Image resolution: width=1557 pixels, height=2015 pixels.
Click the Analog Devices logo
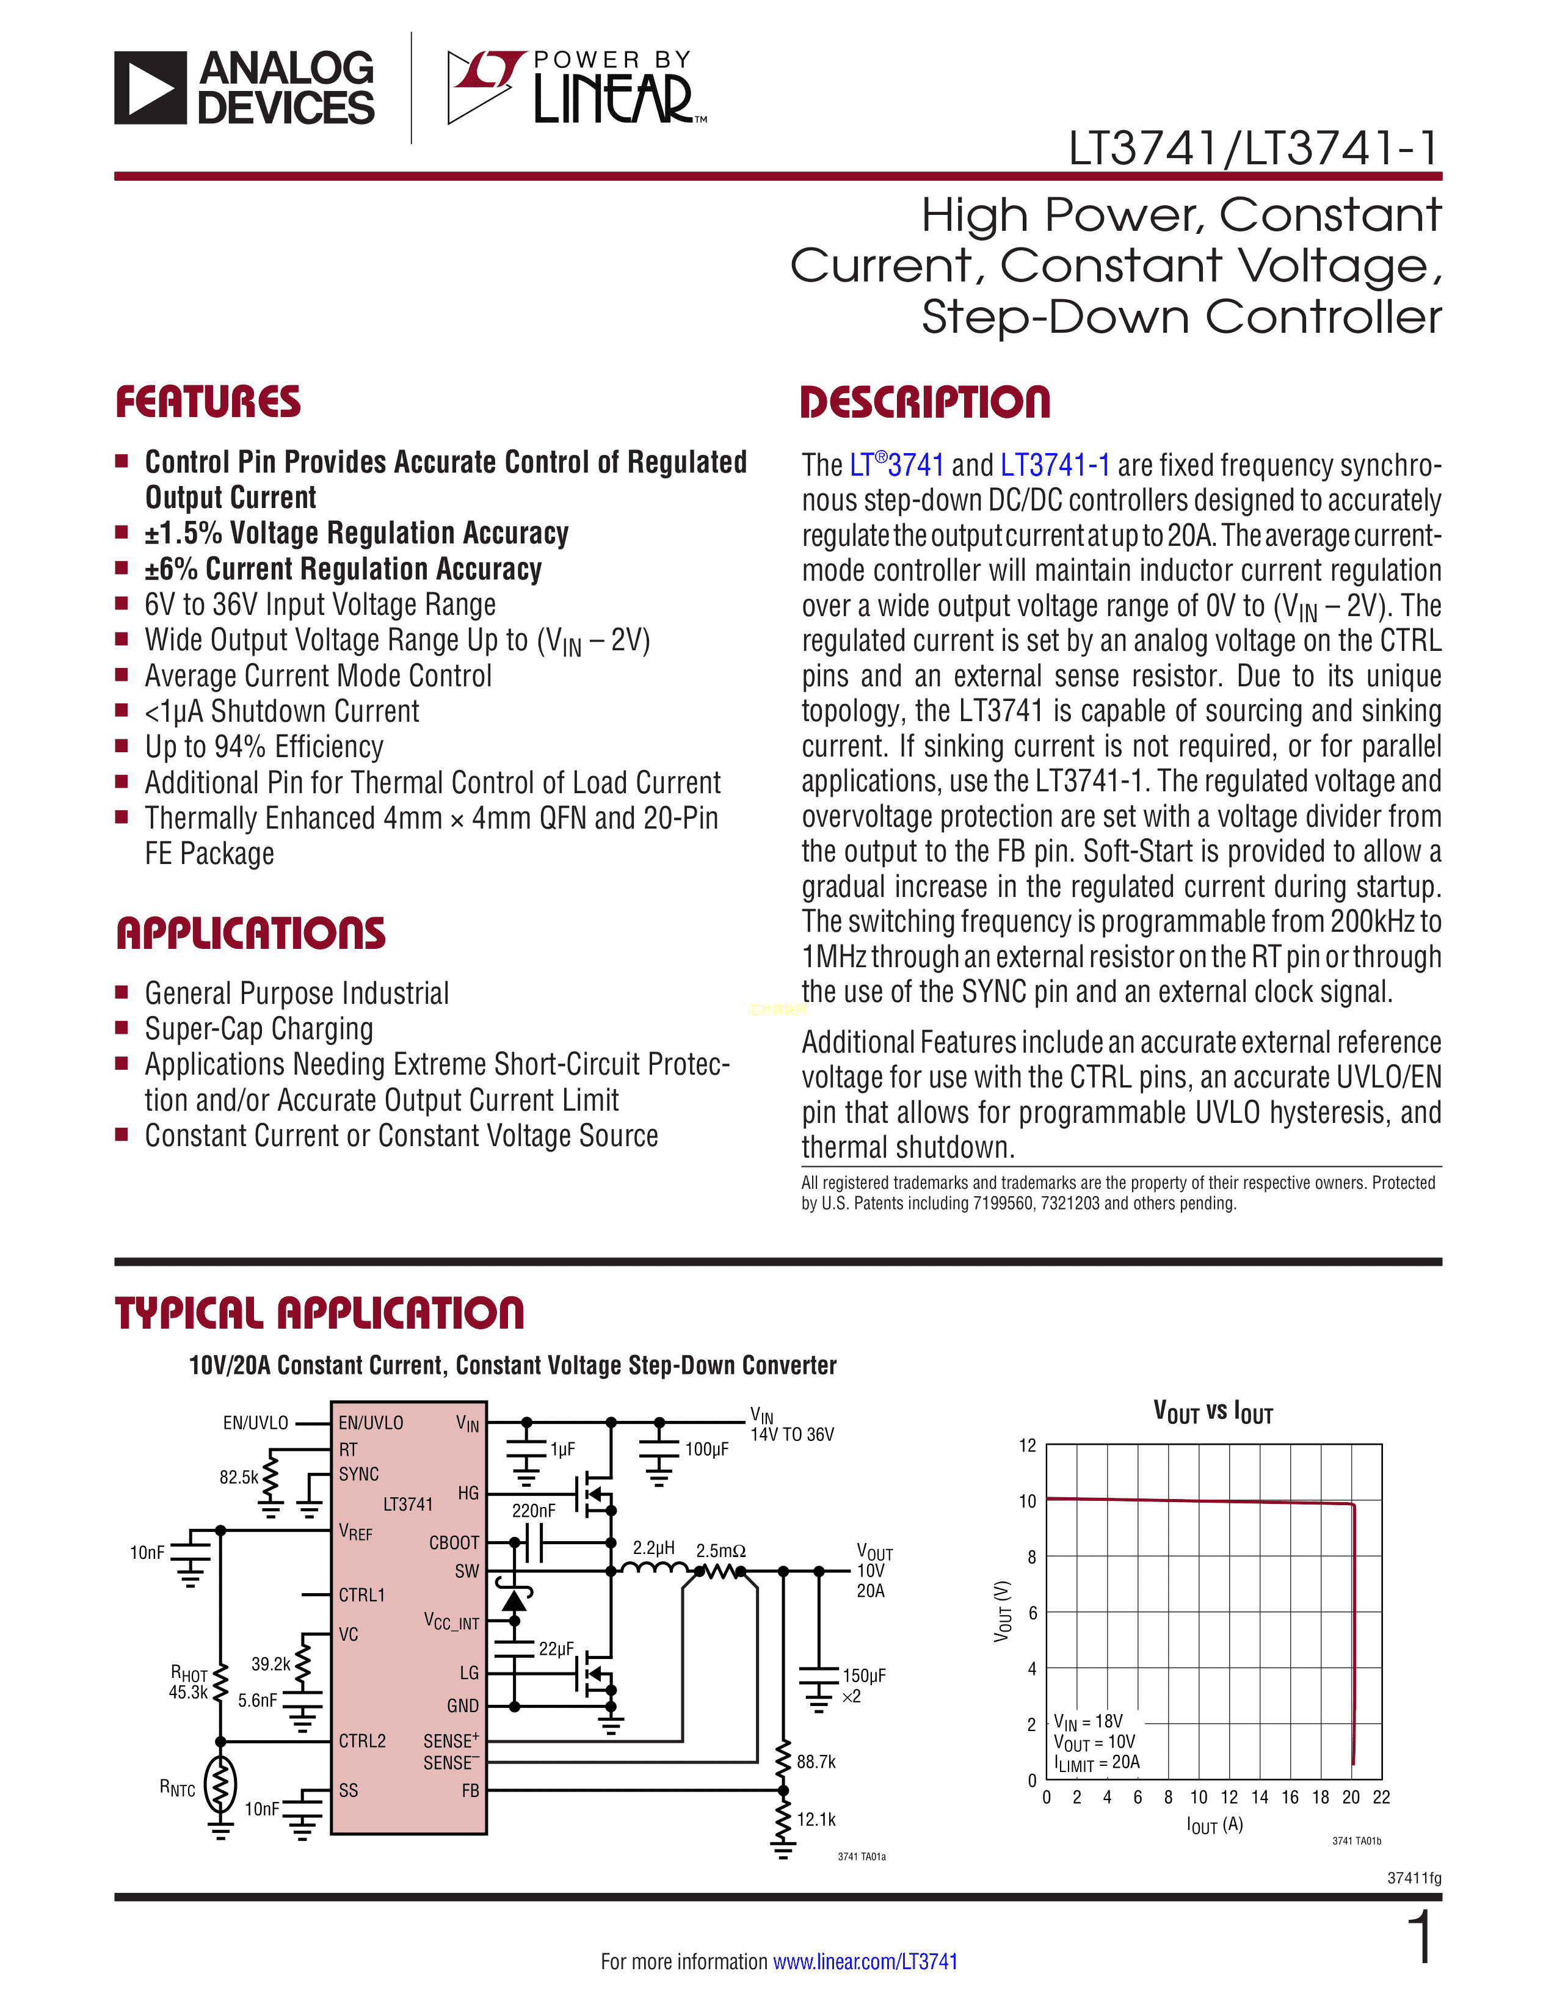(244, 88)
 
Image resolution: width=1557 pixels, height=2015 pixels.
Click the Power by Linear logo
(576, 88)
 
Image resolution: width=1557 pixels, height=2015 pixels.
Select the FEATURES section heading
(208, 402)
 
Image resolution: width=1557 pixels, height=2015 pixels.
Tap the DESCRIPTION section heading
(925, 402)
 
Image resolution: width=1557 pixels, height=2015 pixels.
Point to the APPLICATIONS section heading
(251, 933)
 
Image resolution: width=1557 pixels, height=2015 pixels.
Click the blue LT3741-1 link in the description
(1055, 465)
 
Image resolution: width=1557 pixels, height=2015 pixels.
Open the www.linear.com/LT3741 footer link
(865, 1961)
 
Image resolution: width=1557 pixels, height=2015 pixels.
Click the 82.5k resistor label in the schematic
(239, 1477)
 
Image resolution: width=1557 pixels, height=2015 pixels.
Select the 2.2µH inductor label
(653, 1547)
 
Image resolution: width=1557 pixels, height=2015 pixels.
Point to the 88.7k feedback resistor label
(816, 1761)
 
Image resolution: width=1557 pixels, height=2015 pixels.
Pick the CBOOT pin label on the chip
(454, 1542)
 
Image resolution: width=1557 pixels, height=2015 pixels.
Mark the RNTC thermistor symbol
(220, 1784)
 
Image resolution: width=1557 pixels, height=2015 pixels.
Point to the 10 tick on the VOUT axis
(1028, 1501)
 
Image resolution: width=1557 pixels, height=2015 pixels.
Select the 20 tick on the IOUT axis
(1351, 1796)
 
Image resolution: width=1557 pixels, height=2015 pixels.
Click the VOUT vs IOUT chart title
(1213, 1412)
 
